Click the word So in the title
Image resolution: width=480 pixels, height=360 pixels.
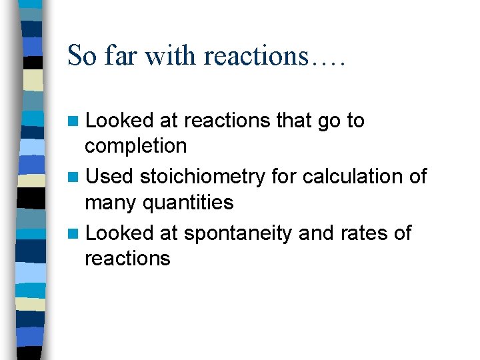82,55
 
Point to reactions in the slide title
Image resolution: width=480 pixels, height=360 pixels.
253,55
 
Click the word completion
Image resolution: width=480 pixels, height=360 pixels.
135,145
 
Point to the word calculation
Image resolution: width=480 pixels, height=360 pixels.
351,177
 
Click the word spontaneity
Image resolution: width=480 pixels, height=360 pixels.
238,233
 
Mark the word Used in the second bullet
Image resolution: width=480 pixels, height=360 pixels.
110,177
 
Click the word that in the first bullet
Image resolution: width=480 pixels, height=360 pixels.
294,120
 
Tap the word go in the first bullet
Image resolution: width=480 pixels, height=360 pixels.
331,121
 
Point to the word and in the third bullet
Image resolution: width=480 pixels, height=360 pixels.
315,233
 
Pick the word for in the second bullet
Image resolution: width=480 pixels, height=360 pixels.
285,177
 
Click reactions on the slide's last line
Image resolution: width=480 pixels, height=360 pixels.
127,258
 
